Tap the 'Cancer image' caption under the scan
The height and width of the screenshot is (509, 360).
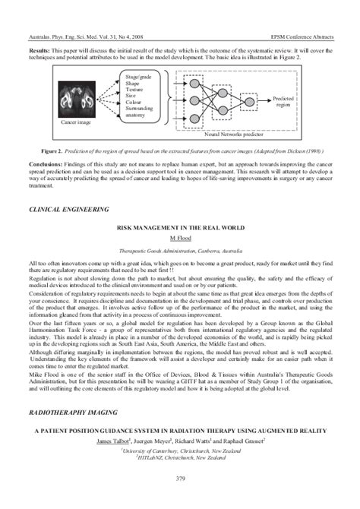pos(75,121)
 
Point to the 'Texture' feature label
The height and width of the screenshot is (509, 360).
pos(133,90)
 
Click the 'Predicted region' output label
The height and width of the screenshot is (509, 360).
pos(283,101)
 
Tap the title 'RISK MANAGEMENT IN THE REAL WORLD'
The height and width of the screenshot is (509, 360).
pos(179,227)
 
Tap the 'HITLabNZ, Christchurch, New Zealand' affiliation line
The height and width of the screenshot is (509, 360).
pos(180,457)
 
